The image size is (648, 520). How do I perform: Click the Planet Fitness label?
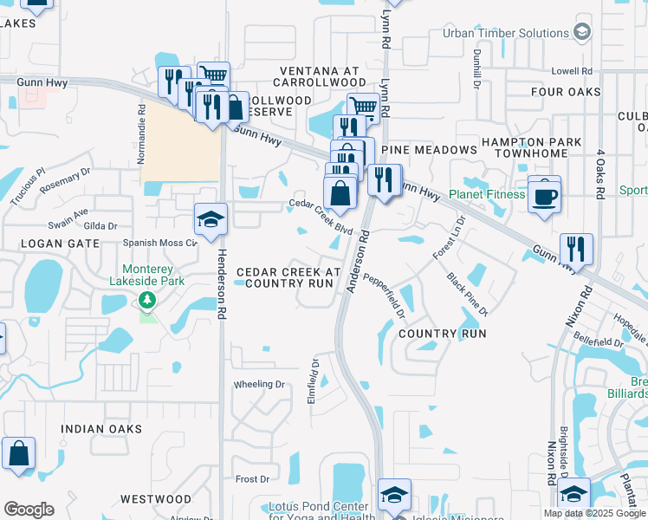(x=487, y=194)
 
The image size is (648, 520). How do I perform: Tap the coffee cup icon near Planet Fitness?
(x=544, y=195)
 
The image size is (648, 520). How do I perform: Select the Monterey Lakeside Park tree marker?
(x=147, y=300)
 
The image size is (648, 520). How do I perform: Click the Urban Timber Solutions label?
(x=493, y=34)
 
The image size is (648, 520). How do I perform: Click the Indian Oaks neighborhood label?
(x=95, y=429)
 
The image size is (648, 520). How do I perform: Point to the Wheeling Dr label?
(x=259, y=384)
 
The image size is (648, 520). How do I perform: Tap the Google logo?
(x=29, y=510)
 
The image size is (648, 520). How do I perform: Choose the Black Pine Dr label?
(x=468, y=294)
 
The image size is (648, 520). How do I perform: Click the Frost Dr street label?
(x=252, y=478)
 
